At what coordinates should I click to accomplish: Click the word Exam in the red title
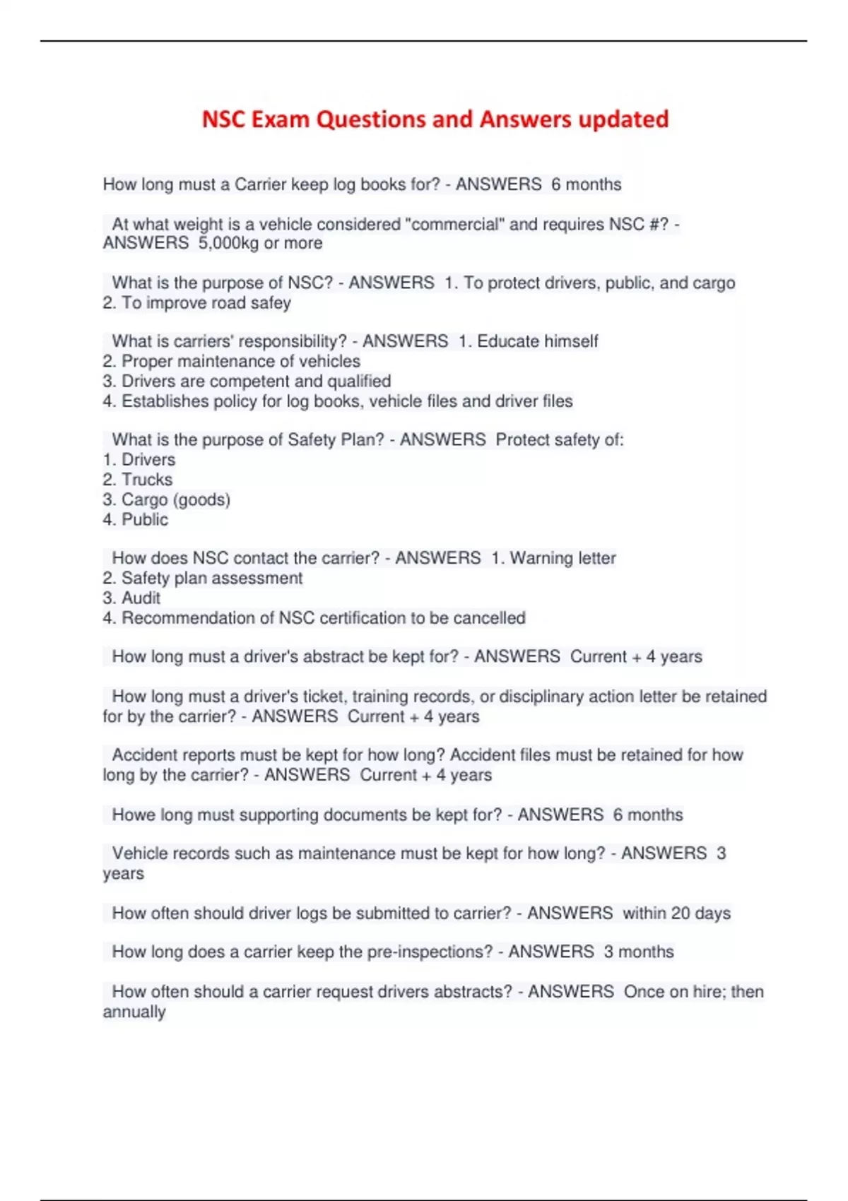(281, 119)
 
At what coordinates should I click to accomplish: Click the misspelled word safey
(271, 303)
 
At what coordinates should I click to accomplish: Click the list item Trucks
(147, 480)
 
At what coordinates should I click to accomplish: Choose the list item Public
(145, 520)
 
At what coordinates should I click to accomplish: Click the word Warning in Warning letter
(541, 558)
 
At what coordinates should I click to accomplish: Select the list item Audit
(141, 598)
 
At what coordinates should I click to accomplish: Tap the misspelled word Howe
(133, 815)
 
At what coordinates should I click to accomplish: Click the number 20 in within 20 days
(681, 913)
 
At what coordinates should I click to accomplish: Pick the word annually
(134, 1012)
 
